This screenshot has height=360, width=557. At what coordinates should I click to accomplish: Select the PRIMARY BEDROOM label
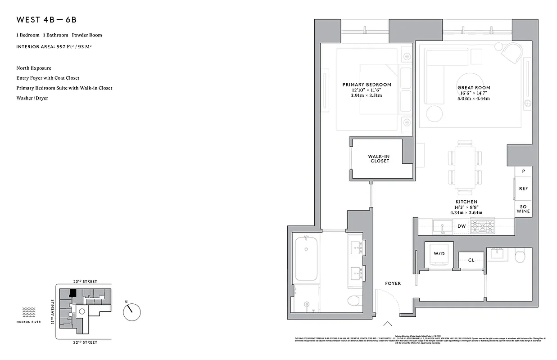367,85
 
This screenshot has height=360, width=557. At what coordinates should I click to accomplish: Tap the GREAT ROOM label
474,88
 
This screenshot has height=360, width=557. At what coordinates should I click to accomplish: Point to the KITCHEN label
466,202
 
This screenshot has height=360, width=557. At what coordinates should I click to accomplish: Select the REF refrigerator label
523,189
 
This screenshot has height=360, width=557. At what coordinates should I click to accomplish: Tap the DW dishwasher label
462,226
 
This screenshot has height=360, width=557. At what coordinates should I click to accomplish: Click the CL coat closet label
471,260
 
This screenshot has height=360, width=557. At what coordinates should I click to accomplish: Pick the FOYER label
393,283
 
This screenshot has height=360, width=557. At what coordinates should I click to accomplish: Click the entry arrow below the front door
387,323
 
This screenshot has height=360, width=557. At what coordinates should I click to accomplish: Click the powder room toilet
520,256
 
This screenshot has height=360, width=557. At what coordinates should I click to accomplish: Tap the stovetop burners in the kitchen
482,226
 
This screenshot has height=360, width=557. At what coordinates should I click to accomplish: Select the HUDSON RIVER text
29,322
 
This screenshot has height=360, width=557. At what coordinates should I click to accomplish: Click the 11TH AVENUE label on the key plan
52,312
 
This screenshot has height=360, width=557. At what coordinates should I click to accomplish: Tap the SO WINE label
523,209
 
